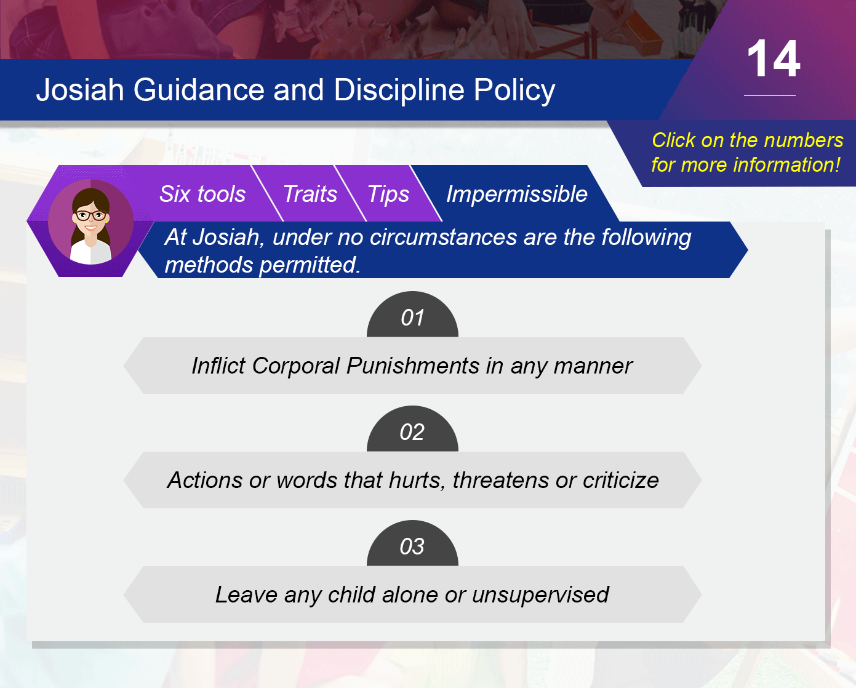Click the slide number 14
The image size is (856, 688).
click(x=774, y=59)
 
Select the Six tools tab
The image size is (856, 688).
click(x=202, y=194)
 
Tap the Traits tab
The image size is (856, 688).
click(x=310, y=194)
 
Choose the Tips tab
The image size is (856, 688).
click(x=388, y=194)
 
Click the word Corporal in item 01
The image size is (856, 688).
click(x=295, y=366)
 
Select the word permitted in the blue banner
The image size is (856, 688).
click(x=310, y=265)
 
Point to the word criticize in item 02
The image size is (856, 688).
click(x=620, y=480)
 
